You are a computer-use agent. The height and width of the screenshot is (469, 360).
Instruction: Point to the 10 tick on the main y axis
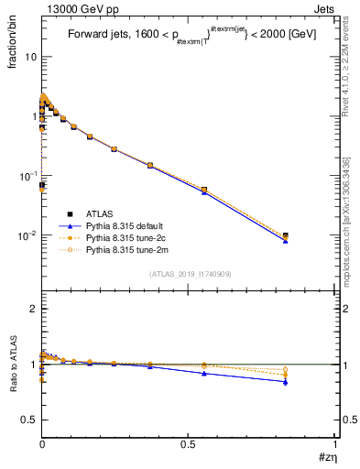(x=30, y=57)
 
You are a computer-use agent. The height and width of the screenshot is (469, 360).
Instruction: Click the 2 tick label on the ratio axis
(x=34, y=310)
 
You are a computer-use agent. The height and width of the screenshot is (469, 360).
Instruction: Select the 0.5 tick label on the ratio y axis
(x=29, y=420)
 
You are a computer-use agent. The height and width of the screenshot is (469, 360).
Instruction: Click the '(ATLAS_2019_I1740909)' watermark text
(x=189, y=274)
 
